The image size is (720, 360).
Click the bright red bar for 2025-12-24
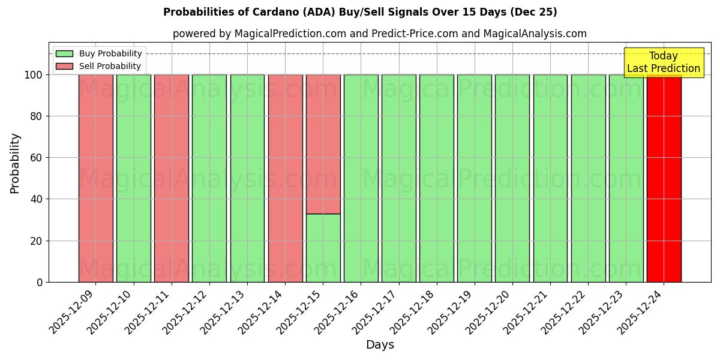pyautogui.click(x=664, y=178)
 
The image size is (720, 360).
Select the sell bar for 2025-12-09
pyautogui.click(x=96, y=178)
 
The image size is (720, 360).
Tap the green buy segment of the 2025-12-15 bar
pyautogui.click(x=323, y=248)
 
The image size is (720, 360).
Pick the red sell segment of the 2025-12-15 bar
pyautogui.click(x=323, y=144)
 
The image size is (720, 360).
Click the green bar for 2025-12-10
pyautogui.click(x=134, y=178)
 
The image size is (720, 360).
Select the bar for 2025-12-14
pyautogui.click(x=285, y=178)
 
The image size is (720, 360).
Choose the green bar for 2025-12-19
pyautogui.click(x=474, y=178)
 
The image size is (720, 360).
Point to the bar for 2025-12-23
pyautogui.click(x=626, y=178)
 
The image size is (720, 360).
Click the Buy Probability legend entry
pyautogui.click(x=110, y=54)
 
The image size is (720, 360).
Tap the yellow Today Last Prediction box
pyautogui.click(x=664, y=62)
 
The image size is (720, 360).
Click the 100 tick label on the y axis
pyautogui.click(x=33, y=75)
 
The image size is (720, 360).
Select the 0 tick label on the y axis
pyautogui.click(x=39, y=282)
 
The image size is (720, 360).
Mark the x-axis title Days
pyautogui.click(x=380, y=345)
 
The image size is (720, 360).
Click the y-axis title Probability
pyautogui.click(x=15, y=163)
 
